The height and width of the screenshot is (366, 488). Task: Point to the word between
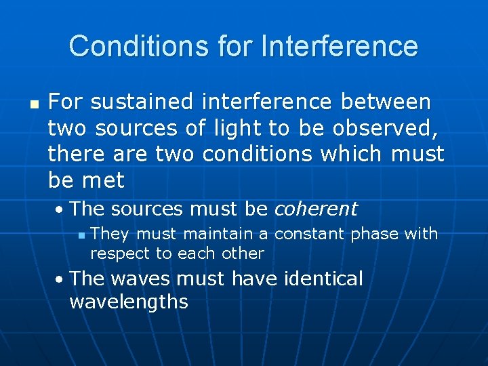coord(386,102)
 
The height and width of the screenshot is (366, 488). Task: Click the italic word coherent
coord(315,209)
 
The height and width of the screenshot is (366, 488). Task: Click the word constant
coord(310,234)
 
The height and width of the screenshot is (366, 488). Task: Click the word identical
coord(320,279)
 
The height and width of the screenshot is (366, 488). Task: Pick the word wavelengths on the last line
coord(129,302)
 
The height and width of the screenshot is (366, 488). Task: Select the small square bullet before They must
coord(81,235)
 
